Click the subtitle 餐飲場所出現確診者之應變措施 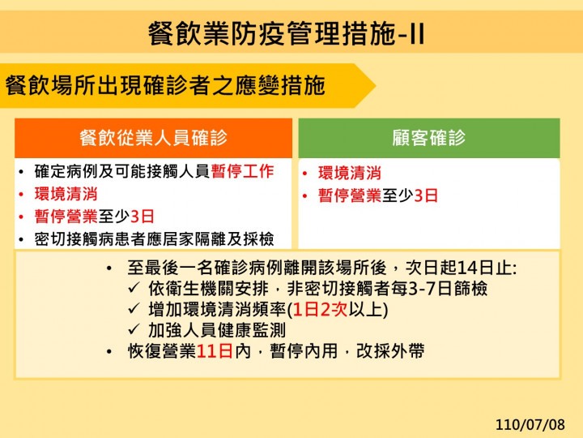point(165,85)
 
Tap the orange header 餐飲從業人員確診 point(154,137)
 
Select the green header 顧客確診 point(428,137)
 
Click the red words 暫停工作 point(242,172)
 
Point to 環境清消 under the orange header point(66,194)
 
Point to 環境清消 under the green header point(349,173)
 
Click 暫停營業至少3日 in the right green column point(378,195)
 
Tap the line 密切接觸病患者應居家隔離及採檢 point(154,238)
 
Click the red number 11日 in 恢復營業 point(215,351)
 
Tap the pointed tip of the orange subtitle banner point(373,85)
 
